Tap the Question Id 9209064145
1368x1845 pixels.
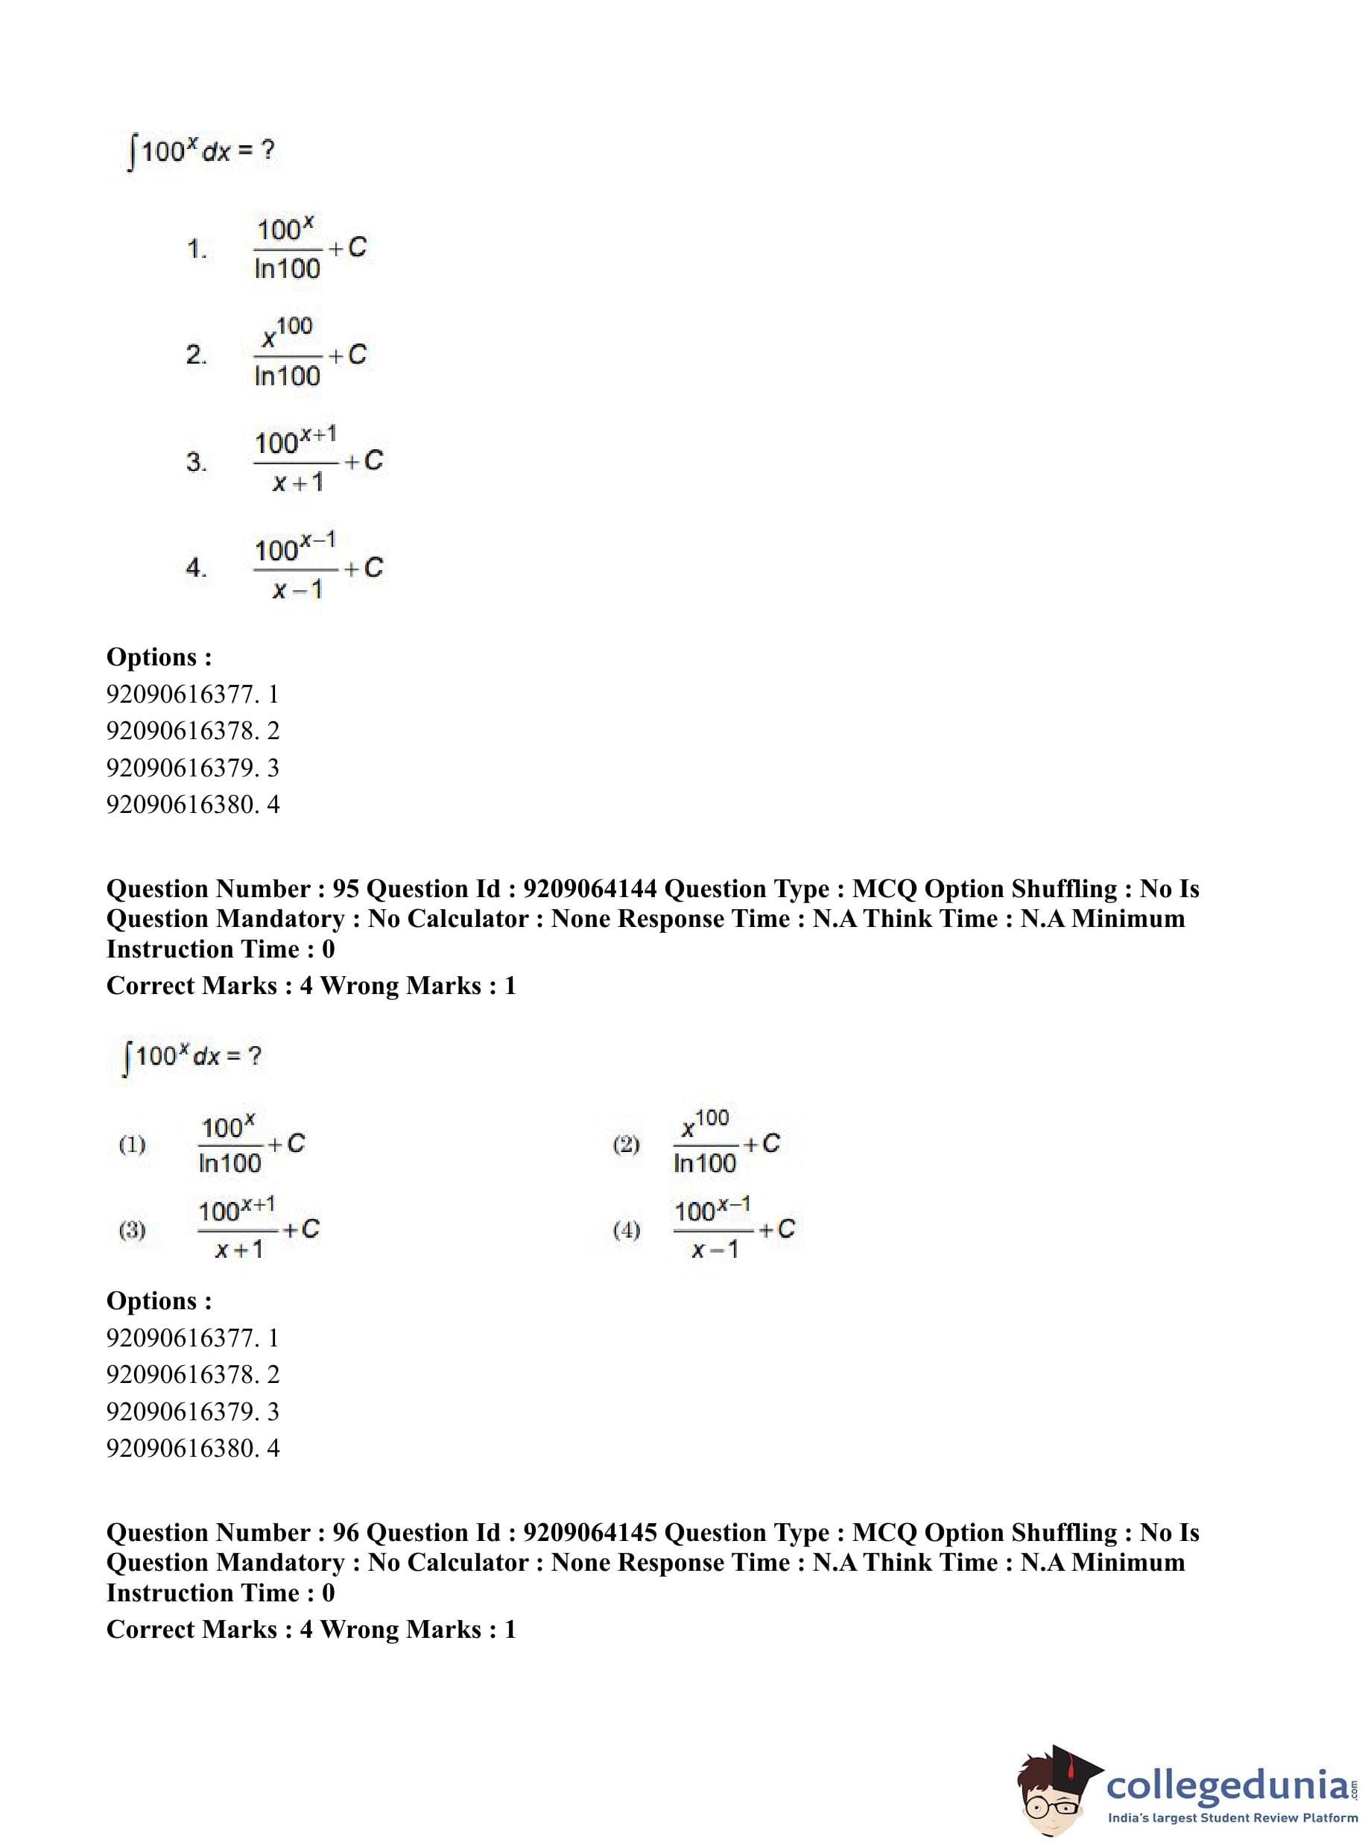pyautogui.click(x=589, y=1533)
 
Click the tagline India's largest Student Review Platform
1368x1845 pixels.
pyautogui.click(x=1233, y=1817)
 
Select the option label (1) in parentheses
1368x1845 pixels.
pyautogui.click(x=133, y=1145)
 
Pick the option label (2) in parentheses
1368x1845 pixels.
pyautogui.click(x=626, y=1145)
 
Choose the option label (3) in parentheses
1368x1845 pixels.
pyautogui.click(x=133, y=1230)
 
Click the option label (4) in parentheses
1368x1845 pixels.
pyautogui.click(x=626, y=1230)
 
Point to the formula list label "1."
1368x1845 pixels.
pyautogui.click(x=196, y=248)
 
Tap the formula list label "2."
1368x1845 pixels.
pyautogui.click(x=196, y=355)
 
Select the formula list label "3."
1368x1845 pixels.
pyautogui.click(x=196, y=461)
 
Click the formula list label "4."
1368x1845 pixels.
pyautogui.click(x=196, y=567)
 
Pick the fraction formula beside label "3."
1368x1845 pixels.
pyautogui.click(x=318, y=461)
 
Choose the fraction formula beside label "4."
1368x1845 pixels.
pyautogui.click(x=318, y=567)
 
